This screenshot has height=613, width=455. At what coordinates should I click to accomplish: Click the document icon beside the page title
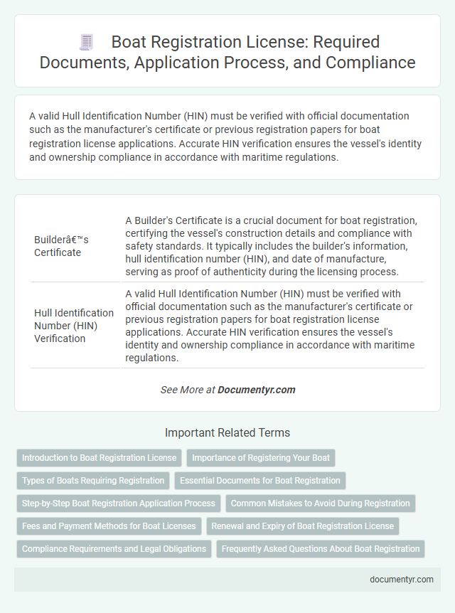(85, 42)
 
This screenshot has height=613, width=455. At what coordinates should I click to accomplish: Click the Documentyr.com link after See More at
(256, 390)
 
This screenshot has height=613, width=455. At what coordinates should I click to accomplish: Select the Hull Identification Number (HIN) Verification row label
(74, 325)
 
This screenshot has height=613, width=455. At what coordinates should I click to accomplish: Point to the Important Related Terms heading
(227, 432)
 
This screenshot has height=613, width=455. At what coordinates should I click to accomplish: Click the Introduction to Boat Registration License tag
(99, 458)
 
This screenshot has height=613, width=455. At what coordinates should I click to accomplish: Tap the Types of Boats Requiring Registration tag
(93, 481)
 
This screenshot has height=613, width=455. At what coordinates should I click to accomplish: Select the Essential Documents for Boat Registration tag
(260, 481)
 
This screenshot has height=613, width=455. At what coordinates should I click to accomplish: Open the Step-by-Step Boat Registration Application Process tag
(119, 503)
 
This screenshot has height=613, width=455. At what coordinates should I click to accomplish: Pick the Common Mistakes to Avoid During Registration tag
(321, 503)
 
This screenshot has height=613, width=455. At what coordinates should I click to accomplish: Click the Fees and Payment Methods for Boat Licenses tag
(109, 526)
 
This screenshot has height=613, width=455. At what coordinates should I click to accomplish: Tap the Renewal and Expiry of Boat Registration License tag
(303, 526)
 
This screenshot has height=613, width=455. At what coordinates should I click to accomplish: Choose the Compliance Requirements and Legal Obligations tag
(114, 549)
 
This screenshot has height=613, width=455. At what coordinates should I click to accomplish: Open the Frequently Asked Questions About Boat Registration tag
(321, 549)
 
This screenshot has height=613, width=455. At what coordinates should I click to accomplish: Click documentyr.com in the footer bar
(402, 580)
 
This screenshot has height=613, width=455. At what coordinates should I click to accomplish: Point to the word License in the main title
(278, 42)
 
